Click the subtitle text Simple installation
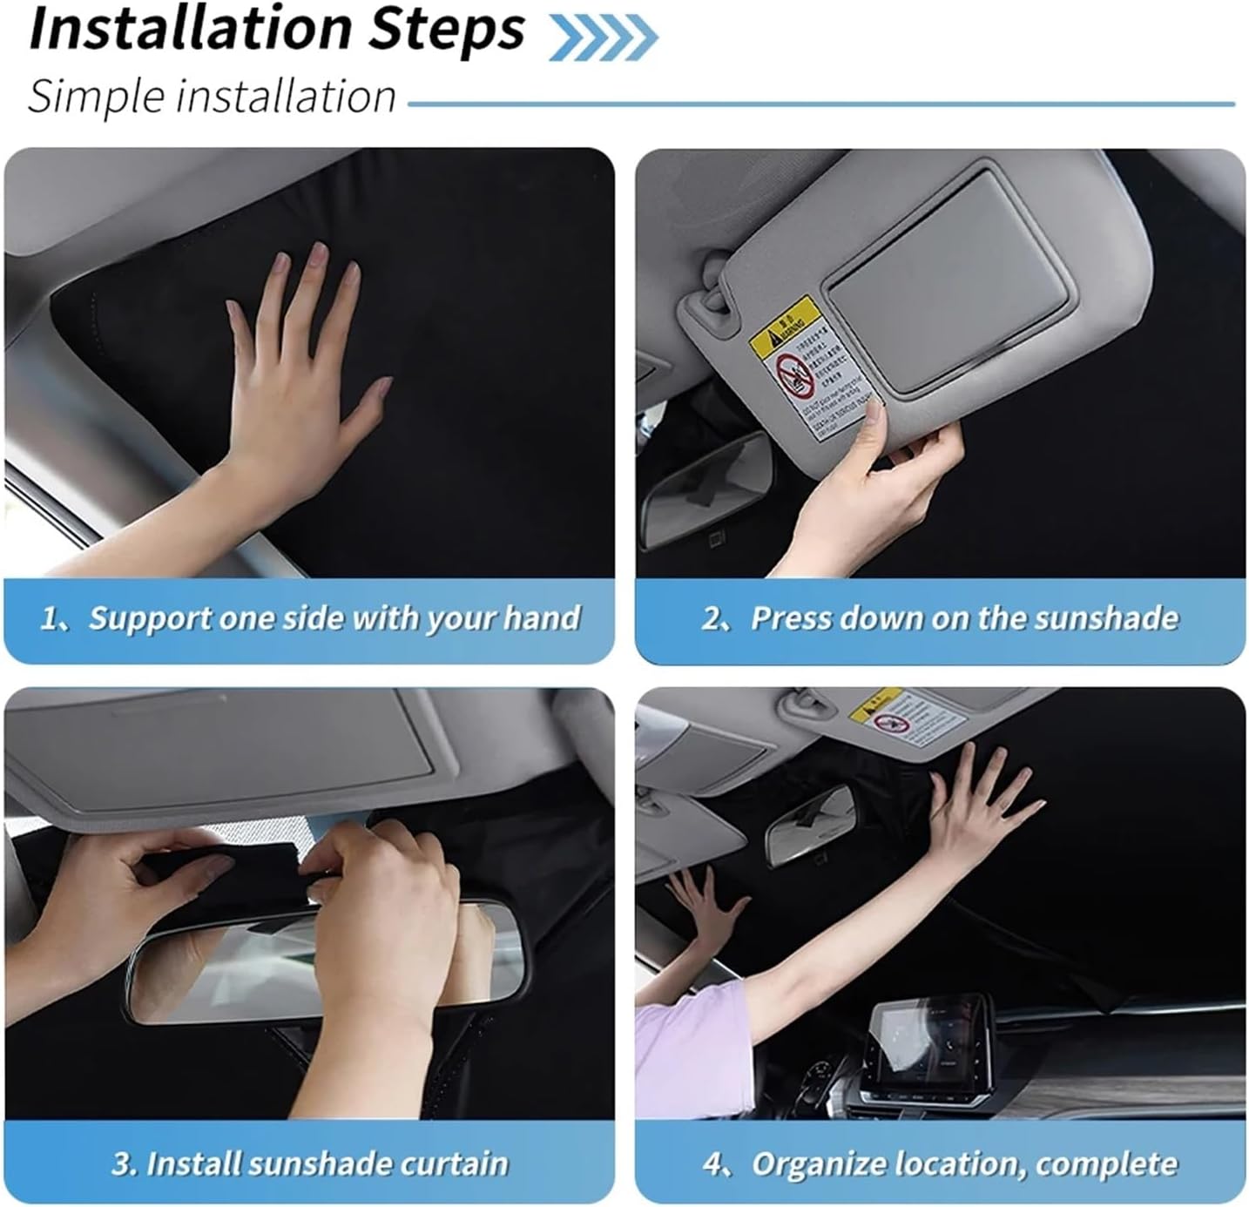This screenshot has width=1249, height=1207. pos(212,96)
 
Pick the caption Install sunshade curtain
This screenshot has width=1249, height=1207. pos(310,1163)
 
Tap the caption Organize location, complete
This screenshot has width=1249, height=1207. pos(940,1163)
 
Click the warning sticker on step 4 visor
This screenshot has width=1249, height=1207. pos(906,718)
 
